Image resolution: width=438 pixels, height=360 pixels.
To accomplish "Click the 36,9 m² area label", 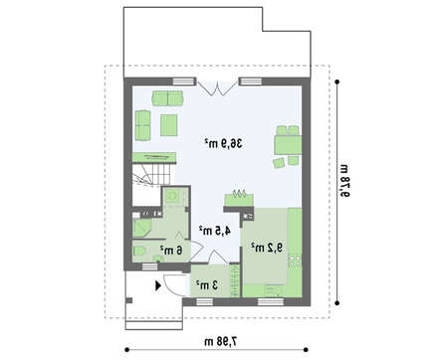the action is click(x=223, y=143).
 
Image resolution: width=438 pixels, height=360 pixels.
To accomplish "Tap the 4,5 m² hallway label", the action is click(x=215, y=231).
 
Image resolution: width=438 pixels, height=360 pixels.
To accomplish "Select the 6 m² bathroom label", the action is click(x=171, y=250).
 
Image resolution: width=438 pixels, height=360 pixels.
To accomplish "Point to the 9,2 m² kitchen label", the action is click(x=267, y=248).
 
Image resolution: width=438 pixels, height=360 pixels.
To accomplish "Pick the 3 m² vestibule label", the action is click(x=207, y=284).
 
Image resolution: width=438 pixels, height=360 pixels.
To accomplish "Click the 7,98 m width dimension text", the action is click(x=221, y=341).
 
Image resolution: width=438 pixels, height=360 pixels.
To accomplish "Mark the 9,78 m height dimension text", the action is click(x=344, y=180).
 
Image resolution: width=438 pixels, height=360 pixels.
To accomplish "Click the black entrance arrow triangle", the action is click(x=158, y=285).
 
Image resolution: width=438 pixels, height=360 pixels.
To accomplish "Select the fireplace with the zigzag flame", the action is click(x=239, y=198).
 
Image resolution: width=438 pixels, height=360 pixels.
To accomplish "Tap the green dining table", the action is click(x=288, y=145).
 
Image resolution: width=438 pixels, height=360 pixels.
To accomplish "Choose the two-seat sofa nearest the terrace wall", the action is click(x=167, y=98).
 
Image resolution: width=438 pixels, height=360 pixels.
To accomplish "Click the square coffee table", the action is click(x=169, y=125).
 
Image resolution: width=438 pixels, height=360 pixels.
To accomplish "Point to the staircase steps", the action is click(x=154, y=174).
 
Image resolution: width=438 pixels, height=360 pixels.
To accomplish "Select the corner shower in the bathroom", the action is click(x=142, y=228).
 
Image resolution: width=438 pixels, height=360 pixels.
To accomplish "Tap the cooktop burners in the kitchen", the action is click(x=295, y=261).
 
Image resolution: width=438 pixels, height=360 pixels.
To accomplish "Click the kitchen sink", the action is click(x=273, y=291).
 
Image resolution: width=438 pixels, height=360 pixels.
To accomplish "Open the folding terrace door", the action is click(x=217, y=87).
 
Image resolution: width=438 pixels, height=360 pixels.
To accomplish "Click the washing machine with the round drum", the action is click(x=172, y=196).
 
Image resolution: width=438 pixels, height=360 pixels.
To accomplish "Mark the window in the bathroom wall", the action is click(x=149, y=267).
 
